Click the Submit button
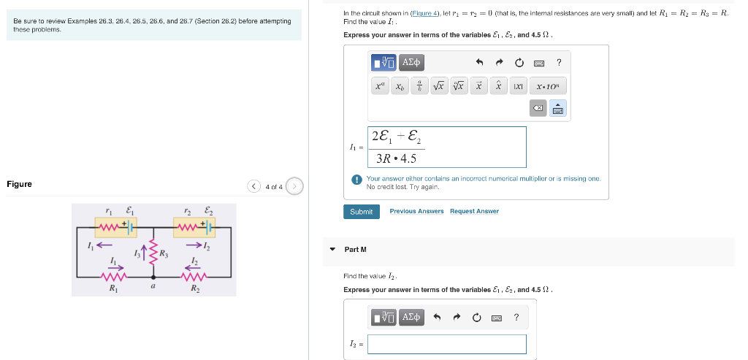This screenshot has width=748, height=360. coord(361,212)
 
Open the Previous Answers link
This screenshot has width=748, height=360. coord(416,212)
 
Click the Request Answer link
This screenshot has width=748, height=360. coord(474,212)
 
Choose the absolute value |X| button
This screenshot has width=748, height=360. coord(518,86)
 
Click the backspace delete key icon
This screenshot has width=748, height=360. coord(537,108)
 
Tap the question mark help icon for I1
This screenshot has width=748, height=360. coord(559,63)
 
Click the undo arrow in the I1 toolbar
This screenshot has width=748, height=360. coord(480,63)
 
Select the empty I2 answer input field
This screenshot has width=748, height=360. coord(446,344)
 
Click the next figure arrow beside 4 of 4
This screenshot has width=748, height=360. coord(294,186)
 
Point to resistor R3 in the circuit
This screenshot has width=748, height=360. coord(153,253)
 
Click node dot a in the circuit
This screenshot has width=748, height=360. coord(153,277)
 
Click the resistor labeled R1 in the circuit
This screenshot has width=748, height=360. coord(113,277)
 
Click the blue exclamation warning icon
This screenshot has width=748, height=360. coord(356,179)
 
